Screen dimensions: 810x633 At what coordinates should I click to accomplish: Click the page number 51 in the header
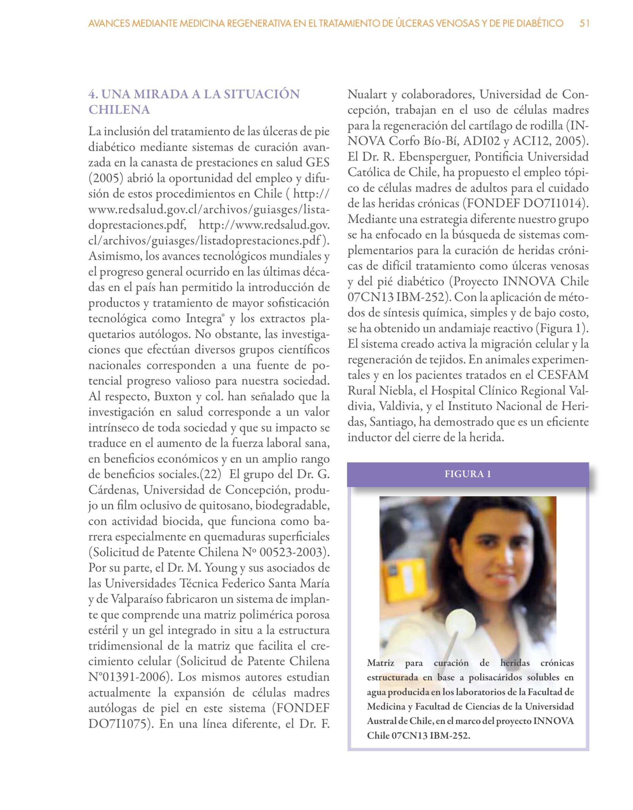584,24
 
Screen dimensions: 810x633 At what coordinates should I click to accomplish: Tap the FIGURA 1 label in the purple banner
468,474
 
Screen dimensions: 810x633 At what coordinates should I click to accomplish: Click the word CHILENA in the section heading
119,110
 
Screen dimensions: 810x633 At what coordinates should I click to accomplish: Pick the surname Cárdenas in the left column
113,490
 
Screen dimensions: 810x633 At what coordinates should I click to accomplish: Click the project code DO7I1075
118,724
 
